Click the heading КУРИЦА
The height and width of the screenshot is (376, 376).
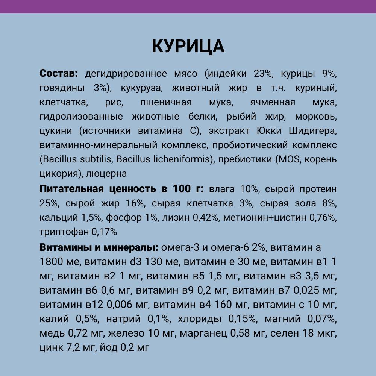pos(188,46)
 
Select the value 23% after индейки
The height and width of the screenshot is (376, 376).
pos(263,73)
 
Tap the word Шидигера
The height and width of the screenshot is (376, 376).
pos(312,131)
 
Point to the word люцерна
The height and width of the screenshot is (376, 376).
pos(106,174)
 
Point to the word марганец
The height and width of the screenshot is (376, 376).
pos(203,334)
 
